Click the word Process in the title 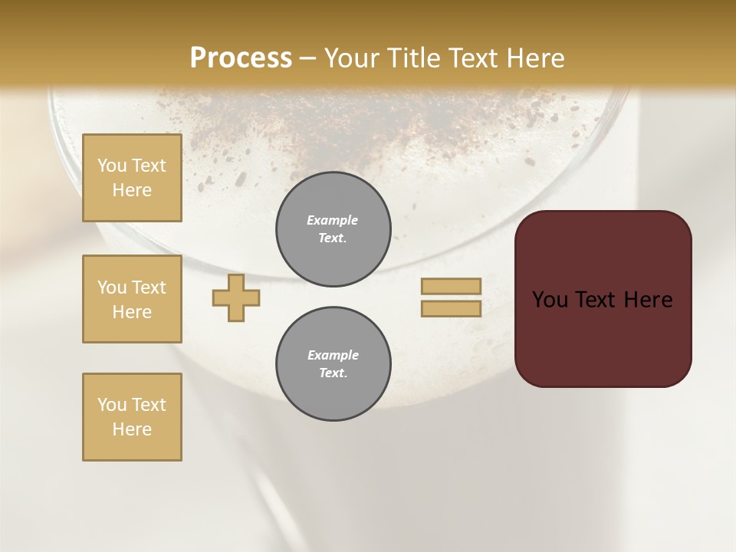(241, 58)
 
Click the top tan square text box (132, 178)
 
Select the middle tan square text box (132, 299)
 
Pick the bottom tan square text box (132, 417)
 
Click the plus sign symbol (236, 298)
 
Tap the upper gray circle (333, 229)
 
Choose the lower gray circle (333, 364)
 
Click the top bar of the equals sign (451, 286)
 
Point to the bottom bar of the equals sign (451, 308)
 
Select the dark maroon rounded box (603, 299)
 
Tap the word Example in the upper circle (333, 220)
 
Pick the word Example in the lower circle (333, 355)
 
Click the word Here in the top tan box (132, 190)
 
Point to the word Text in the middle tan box (149, 287)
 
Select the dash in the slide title (307, 59)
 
